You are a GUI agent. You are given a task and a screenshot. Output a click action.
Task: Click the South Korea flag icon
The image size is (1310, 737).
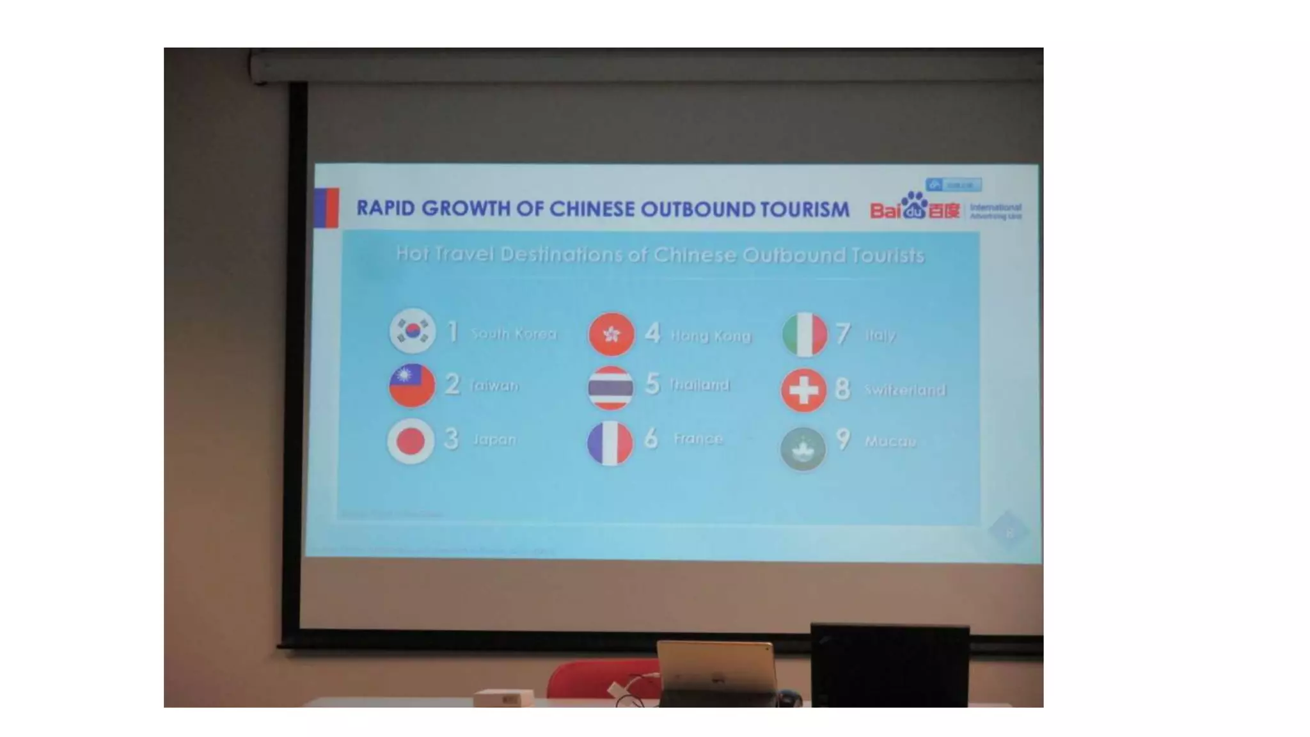[413, 331]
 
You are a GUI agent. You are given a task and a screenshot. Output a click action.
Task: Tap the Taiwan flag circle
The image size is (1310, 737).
[412, 385]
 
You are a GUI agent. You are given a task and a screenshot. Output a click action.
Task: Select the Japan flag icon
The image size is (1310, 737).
[411, 441]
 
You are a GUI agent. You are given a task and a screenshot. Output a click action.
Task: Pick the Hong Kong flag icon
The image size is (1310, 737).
[612, 334]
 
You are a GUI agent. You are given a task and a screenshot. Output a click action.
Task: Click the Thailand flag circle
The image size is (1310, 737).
[610, 388]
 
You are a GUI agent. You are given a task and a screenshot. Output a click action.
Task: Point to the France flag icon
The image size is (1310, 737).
[610, 443]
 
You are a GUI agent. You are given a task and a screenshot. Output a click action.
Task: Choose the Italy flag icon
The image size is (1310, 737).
[805, 334]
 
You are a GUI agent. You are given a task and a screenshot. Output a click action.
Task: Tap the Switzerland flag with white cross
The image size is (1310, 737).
[803, 390]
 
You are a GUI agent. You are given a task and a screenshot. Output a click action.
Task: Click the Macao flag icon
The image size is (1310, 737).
[803, 448]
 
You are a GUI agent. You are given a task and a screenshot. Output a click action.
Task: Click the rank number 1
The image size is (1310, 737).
[453, 331]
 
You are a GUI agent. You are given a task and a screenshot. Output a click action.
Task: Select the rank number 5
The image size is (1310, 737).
[652, 384]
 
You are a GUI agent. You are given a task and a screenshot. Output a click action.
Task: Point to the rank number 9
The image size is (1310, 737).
[843, 440]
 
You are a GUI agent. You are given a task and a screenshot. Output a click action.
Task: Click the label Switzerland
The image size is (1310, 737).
[904, 390]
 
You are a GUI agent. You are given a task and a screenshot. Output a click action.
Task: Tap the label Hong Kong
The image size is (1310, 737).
[710, 336]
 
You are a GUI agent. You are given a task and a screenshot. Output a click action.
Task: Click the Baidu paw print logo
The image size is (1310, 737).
[913, 204]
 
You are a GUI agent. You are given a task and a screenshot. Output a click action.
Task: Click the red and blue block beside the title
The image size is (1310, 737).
[326, 207]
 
